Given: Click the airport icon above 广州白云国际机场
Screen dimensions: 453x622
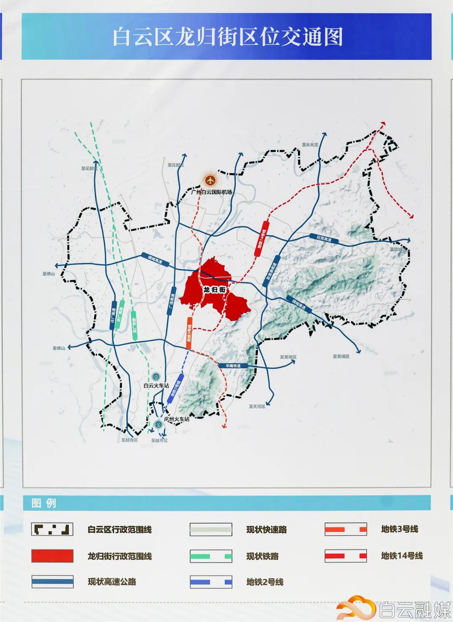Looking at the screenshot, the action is tap(210, 180).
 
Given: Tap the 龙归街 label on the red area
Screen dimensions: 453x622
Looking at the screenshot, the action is tap(214, 290).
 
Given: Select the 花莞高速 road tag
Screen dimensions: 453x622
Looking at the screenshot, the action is tap(324, 238).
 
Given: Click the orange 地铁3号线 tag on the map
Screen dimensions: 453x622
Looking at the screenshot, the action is tap(189, 333).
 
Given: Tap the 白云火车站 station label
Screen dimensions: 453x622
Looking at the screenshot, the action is tap(156, 385).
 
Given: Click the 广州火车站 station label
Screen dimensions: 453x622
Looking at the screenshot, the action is tap(177, 419).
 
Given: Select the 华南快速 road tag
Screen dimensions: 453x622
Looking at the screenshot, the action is tap(233, 366).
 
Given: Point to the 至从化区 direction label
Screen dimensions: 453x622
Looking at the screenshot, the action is tap(310, 145).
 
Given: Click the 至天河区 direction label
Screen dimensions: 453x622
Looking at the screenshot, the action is tap(257, 406).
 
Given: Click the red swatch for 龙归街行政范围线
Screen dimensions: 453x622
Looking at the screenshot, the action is tap(52, 556).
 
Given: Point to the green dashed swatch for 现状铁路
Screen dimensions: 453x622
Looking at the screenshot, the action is tap(211, 556).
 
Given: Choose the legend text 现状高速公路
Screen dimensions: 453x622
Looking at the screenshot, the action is tap(112, 581).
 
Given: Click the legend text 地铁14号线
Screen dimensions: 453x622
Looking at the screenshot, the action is tap(401, 556).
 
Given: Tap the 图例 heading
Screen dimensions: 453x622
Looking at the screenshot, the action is tap(44, 503).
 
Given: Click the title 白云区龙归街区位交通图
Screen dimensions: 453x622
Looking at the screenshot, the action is tap(227, 36).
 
